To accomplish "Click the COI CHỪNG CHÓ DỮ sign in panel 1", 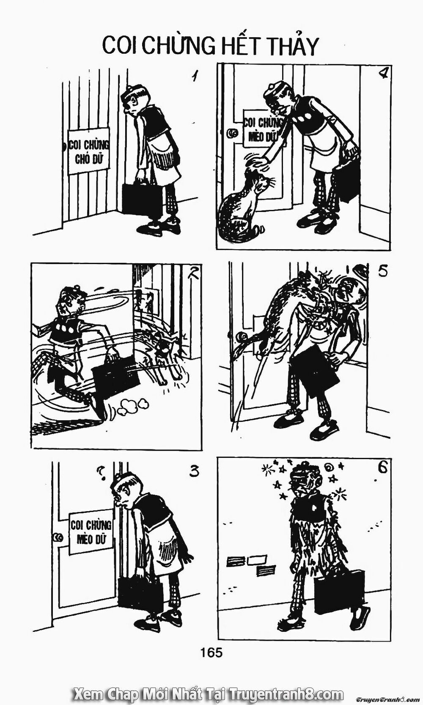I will pos(89,151).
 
